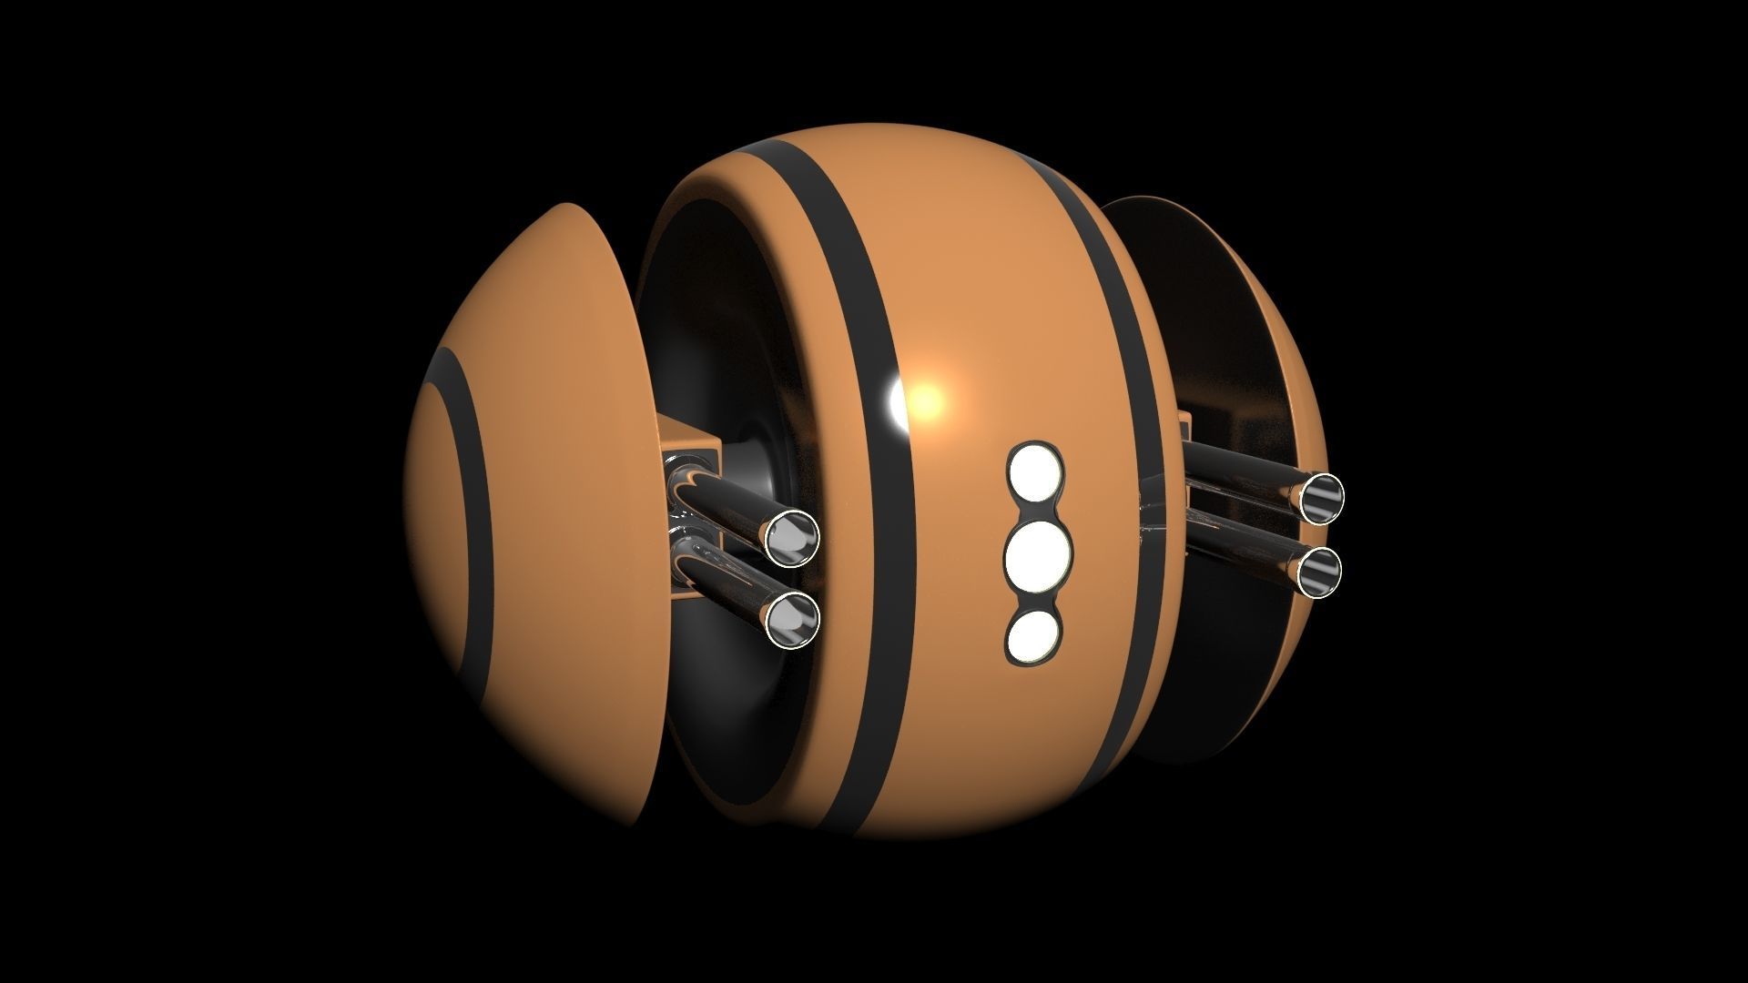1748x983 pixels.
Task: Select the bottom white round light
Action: pos(1035,634)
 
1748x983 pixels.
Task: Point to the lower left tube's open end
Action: pos(792,620)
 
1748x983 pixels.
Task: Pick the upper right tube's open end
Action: pos(1320,499)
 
